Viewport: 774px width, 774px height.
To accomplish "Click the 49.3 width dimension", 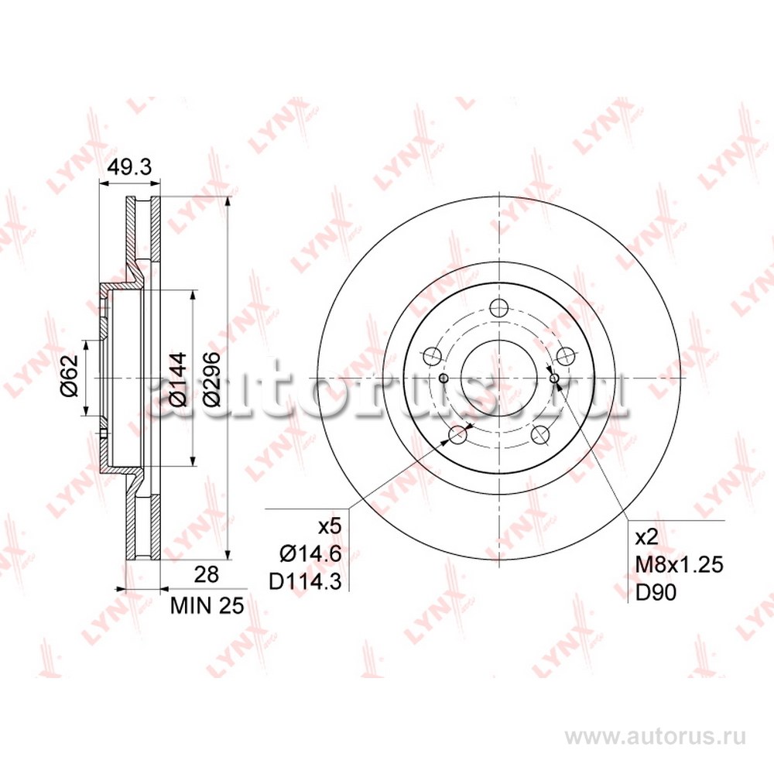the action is [128, 168].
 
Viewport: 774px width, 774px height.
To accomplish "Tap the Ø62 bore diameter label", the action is [70, 375].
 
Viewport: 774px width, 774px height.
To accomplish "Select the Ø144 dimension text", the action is [178, 379].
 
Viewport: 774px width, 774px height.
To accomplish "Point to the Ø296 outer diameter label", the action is [213, 379].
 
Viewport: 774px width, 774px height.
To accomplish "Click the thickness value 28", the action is [207, 574].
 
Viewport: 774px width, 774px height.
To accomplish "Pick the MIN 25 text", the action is [207, 606].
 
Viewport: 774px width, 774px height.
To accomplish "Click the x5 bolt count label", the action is [329, 526].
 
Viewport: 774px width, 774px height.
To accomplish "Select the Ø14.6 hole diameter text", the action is [310, 554].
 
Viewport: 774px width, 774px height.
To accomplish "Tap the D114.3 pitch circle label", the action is [305, 582].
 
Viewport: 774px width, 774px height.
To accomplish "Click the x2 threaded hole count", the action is [646, 537].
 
